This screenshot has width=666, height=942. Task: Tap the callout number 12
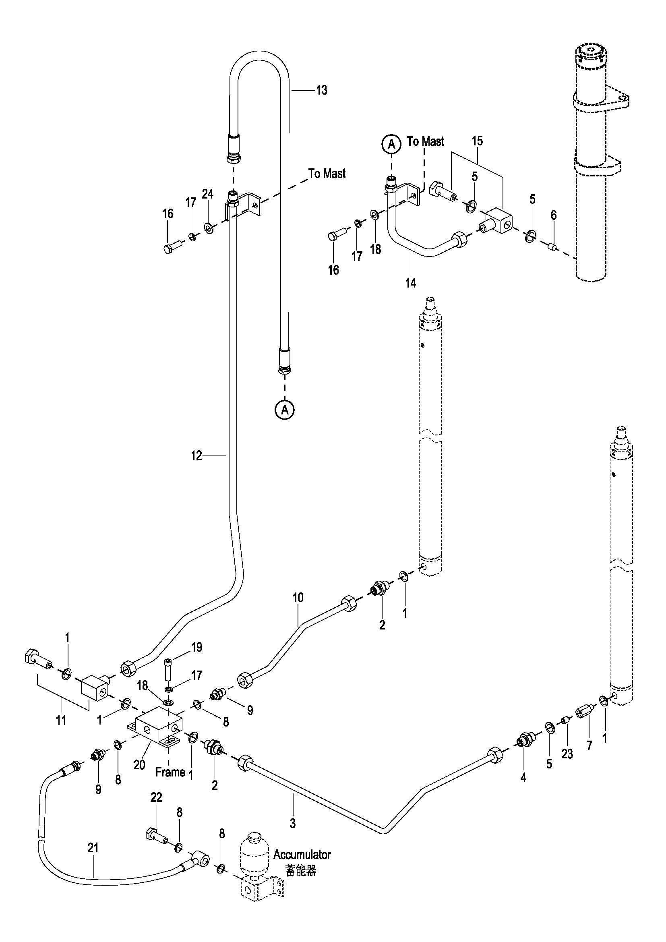196,455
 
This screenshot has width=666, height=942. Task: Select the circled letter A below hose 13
285,409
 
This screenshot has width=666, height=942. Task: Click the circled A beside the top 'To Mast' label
392,144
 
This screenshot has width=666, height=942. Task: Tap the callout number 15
477,141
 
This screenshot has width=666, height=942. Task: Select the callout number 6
553,215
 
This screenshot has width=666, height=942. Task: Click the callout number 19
197,647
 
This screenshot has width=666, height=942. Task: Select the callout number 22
156,797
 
